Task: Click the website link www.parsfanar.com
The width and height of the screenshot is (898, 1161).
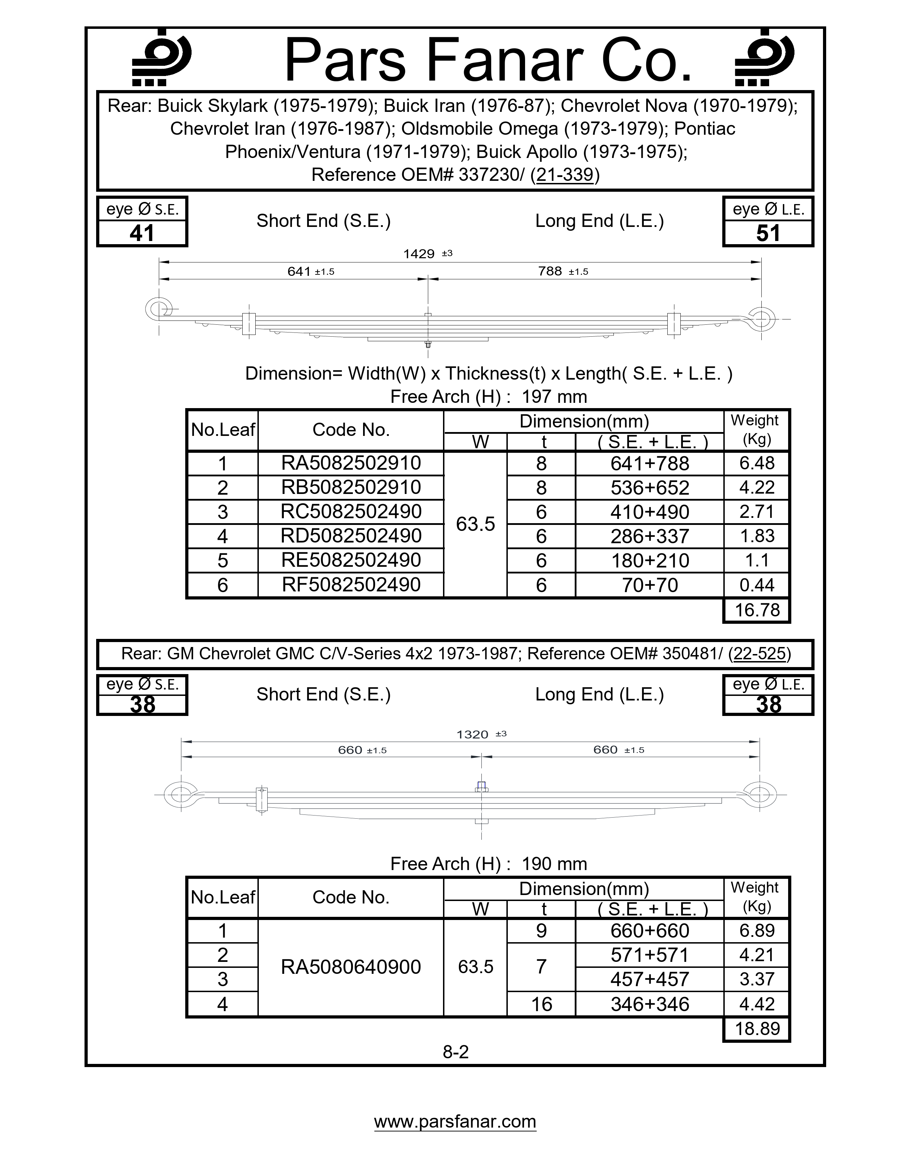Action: coord(455,1121)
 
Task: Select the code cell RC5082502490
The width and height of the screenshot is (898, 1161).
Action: coord(351,512)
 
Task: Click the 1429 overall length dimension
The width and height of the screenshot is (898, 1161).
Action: coord(419,254)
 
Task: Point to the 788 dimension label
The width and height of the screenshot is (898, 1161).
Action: coord(550,271)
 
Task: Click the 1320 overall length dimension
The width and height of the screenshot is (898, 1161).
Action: coord(472,734)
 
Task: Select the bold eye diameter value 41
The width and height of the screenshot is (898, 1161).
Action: coord(142,233)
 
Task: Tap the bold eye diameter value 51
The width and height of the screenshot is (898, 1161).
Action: coord(768,233)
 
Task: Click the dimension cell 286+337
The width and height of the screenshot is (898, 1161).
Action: coord(650,536)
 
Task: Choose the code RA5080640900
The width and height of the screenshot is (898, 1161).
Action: coord(351,966)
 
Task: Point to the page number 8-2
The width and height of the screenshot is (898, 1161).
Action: coord(455,1052)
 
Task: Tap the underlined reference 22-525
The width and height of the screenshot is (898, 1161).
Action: coord(759,653)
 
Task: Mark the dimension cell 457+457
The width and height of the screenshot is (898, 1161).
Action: coord(650,979)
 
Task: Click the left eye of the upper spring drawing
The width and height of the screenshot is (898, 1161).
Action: coord(158,308)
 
